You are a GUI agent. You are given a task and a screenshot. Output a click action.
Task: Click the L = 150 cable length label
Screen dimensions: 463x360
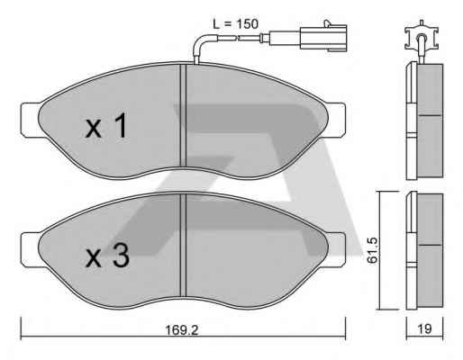(x=235, y=24)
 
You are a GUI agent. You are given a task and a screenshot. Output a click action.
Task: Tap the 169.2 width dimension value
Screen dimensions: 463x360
(x=182, y=330)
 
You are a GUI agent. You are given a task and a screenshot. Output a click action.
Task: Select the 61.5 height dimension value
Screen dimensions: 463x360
(x=372, y=250)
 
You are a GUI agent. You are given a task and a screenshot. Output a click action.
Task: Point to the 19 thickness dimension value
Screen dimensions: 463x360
(x=424, y=328)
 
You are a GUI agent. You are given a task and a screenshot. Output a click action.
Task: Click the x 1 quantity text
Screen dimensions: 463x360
(x=106, y=125)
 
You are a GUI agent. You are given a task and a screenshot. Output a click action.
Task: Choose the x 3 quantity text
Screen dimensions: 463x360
(x=107, y=255)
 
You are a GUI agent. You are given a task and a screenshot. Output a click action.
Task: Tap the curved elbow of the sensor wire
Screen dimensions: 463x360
(x=201, y=42)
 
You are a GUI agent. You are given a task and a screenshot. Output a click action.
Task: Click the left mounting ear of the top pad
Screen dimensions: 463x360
(x=30, y=121)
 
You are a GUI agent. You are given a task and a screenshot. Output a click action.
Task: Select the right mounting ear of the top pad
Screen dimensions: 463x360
(x=336, y=121)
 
